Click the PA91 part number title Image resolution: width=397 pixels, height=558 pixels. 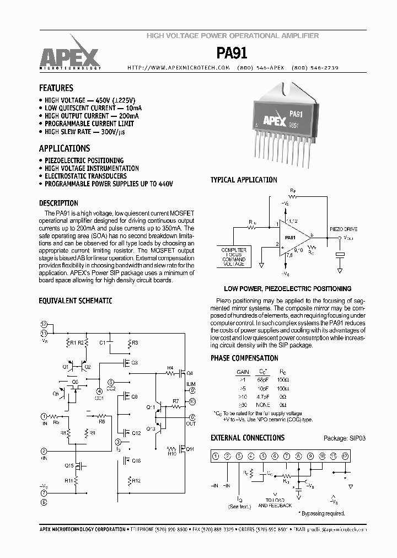pos(232,53)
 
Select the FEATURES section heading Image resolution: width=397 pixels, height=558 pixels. pos(56,88)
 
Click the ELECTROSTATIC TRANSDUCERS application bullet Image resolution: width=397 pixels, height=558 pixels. pos(85,176)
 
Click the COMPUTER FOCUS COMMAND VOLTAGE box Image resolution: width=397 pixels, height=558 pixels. pos(234,257)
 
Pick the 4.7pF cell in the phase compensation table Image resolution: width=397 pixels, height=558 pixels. pos(264,396)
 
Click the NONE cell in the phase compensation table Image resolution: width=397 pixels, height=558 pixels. pos(264,404)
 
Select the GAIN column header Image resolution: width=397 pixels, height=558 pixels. pos(243,372)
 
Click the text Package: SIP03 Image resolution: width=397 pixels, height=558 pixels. pos(345,438)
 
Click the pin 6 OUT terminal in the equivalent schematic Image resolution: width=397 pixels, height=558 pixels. pos(192,417)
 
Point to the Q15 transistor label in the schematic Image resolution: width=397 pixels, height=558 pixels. pos(69,466)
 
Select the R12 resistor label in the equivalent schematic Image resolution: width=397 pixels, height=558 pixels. pos(136,481)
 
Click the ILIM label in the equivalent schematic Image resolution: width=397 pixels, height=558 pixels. pos(191,384)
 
